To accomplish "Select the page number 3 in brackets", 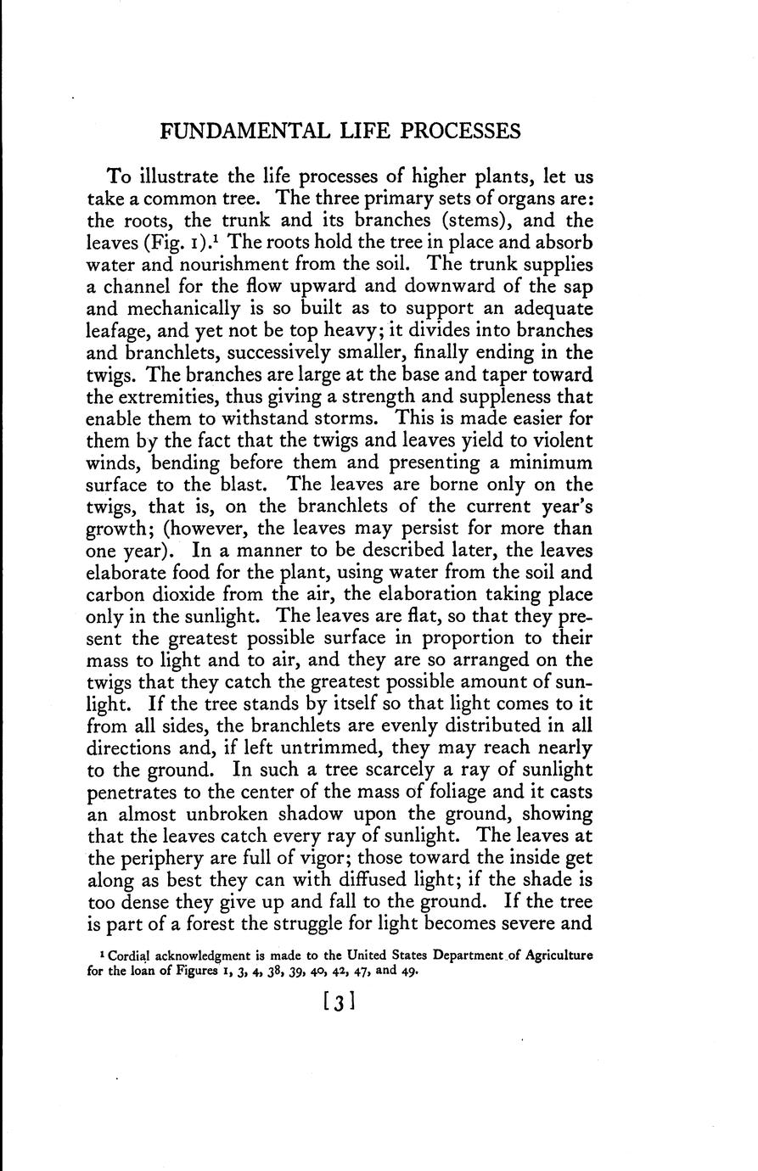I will (339, 1004).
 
